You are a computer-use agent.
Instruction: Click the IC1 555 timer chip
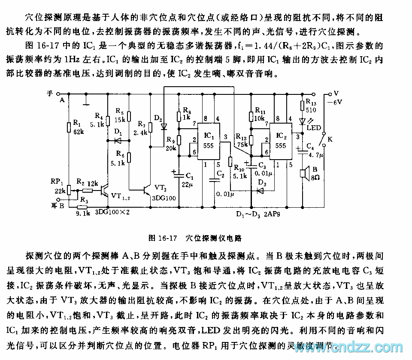point(209,142)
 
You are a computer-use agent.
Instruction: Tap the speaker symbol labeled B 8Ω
point(303,173)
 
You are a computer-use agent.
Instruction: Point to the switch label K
point(330,139)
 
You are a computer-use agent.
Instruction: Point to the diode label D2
point(158,118)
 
